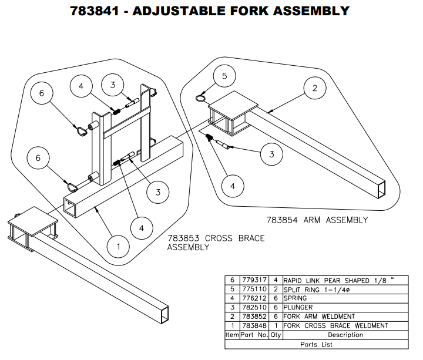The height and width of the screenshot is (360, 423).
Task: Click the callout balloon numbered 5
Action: (x=224, y=76)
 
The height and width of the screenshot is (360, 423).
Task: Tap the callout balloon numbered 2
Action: (x=315, y=89)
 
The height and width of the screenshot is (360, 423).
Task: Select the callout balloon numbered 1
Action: (x=119, y=246)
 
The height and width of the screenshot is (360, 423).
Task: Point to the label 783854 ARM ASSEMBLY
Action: (x=317, y=220)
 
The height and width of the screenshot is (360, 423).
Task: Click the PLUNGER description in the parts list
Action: (x=298, y=307)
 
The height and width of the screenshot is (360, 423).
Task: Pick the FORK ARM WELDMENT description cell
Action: (x=319, y=317)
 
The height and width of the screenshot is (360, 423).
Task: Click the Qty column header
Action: (x=276, y=335)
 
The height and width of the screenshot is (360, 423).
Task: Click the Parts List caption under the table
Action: (x=317, y=344)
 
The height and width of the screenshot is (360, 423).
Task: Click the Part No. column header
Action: (x=254, y=335)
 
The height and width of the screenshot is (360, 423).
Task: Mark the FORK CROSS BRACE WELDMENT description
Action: (x=335, y=325)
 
